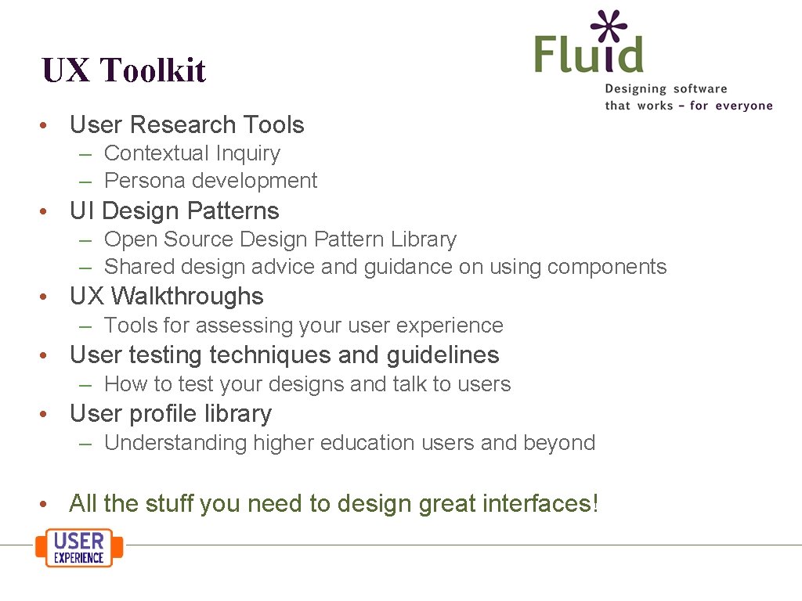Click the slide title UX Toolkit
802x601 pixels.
click(124, 70)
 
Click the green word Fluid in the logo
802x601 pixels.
click(588, 54)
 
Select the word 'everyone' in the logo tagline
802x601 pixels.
click(743, 106)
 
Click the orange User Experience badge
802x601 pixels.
click(79, 547)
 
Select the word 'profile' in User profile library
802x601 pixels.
click(168, 414)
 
